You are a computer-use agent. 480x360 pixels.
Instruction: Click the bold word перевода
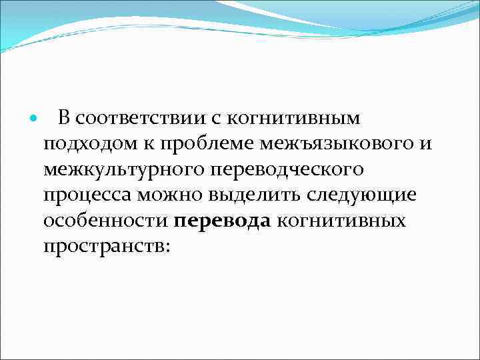[223, 221]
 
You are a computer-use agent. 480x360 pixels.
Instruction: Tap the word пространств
[103, 246]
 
